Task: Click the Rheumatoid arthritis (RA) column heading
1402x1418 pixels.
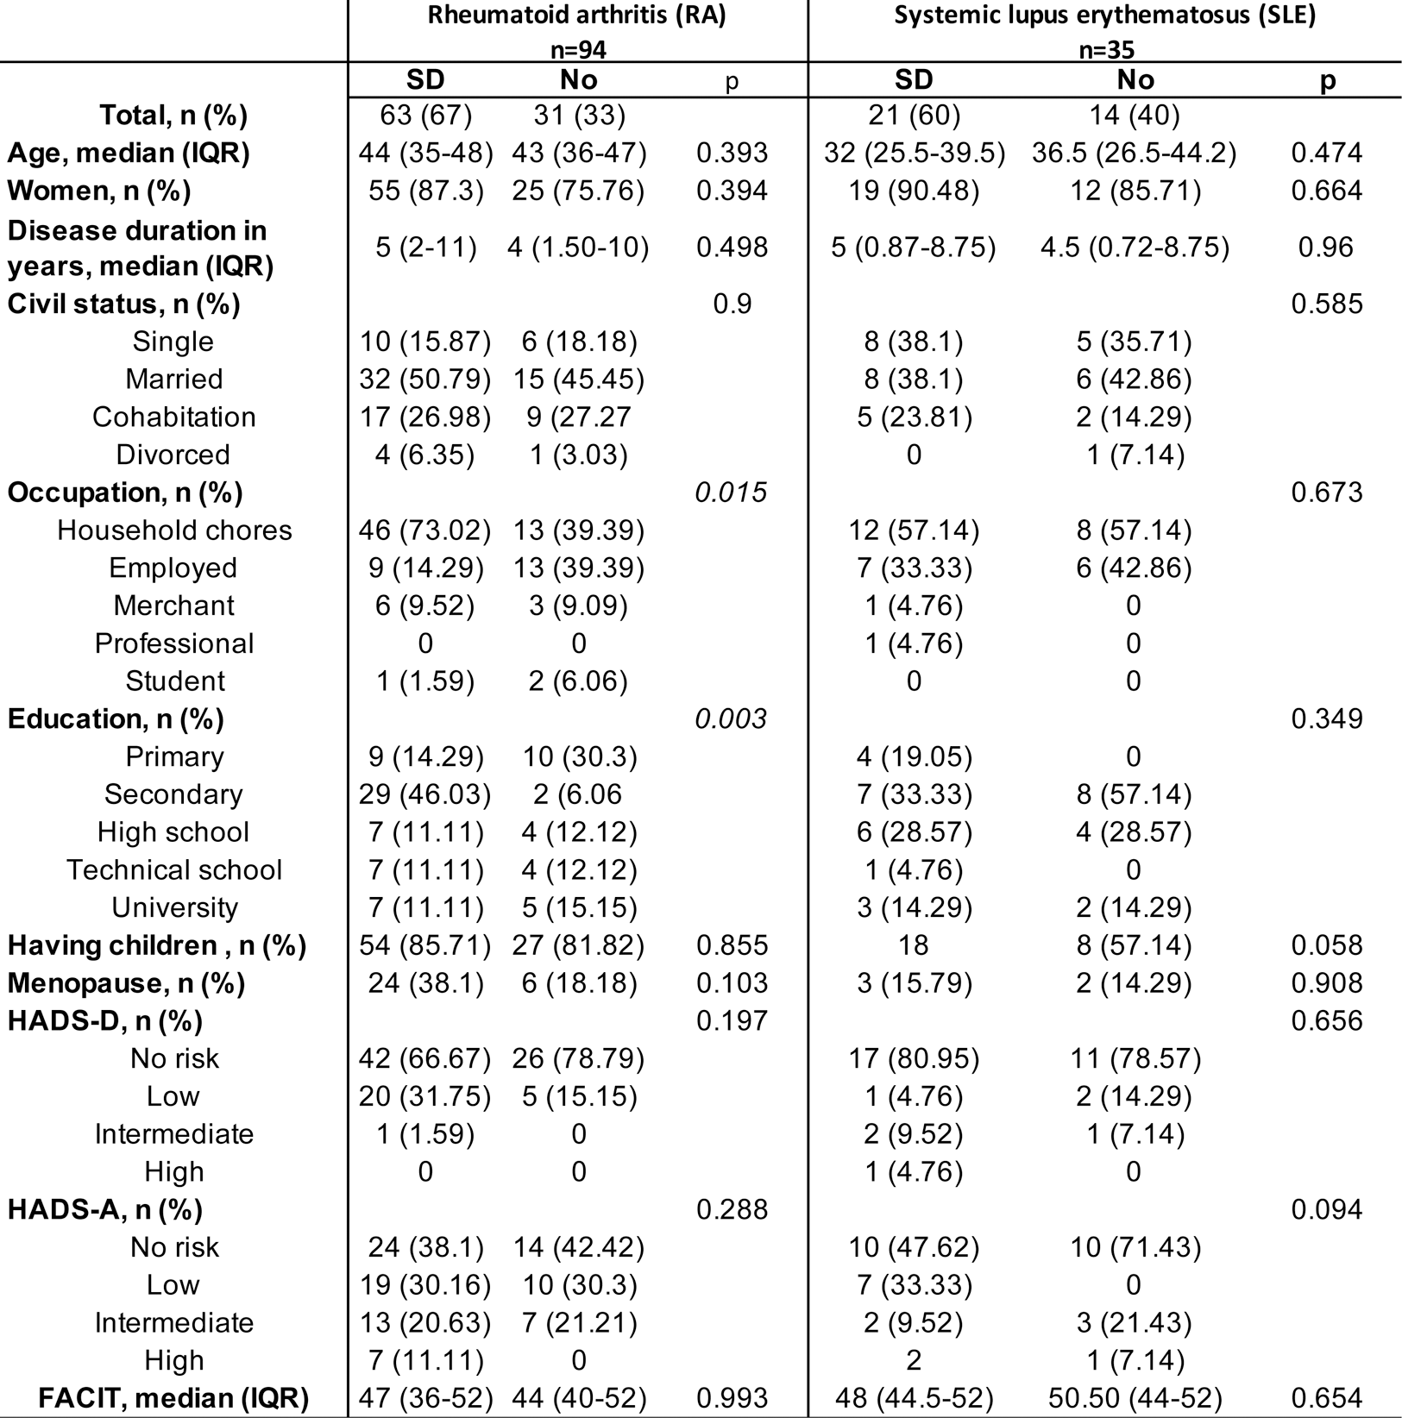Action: tap(577, 17)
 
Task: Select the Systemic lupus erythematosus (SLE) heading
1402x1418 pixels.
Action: tap(1105, 17)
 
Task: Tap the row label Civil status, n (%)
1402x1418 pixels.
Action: tap(124, 304)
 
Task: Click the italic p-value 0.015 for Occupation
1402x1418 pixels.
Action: tap(732, 492)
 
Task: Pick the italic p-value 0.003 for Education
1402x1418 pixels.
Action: tap(732, 718)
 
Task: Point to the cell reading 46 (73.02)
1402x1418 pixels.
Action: tap(425, 530)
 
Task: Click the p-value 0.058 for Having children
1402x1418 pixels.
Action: tap(1327, 945)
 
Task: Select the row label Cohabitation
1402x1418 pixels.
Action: tap(174, 417)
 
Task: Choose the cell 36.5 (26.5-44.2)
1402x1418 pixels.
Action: tap(1135, 153)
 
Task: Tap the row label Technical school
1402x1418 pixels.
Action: tap(174, 869)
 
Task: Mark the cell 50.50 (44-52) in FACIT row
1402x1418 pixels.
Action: tap(1135, 1397)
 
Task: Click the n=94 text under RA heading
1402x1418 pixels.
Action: tap(578, 50)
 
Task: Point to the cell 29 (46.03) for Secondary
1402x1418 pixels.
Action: tap(425, 794)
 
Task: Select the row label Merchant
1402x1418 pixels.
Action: tap(174, 605)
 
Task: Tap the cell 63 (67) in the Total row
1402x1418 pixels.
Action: tap(425, 115)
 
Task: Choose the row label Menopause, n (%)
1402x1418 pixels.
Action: tap(127, 983)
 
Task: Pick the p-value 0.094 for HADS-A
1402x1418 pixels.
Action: tap(1327, 1209)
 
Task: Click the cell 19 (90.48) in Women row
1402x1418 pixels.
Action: tap(914, 190)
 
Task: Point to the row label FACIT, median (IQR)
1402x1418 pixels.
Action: tap(173, 1397)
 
